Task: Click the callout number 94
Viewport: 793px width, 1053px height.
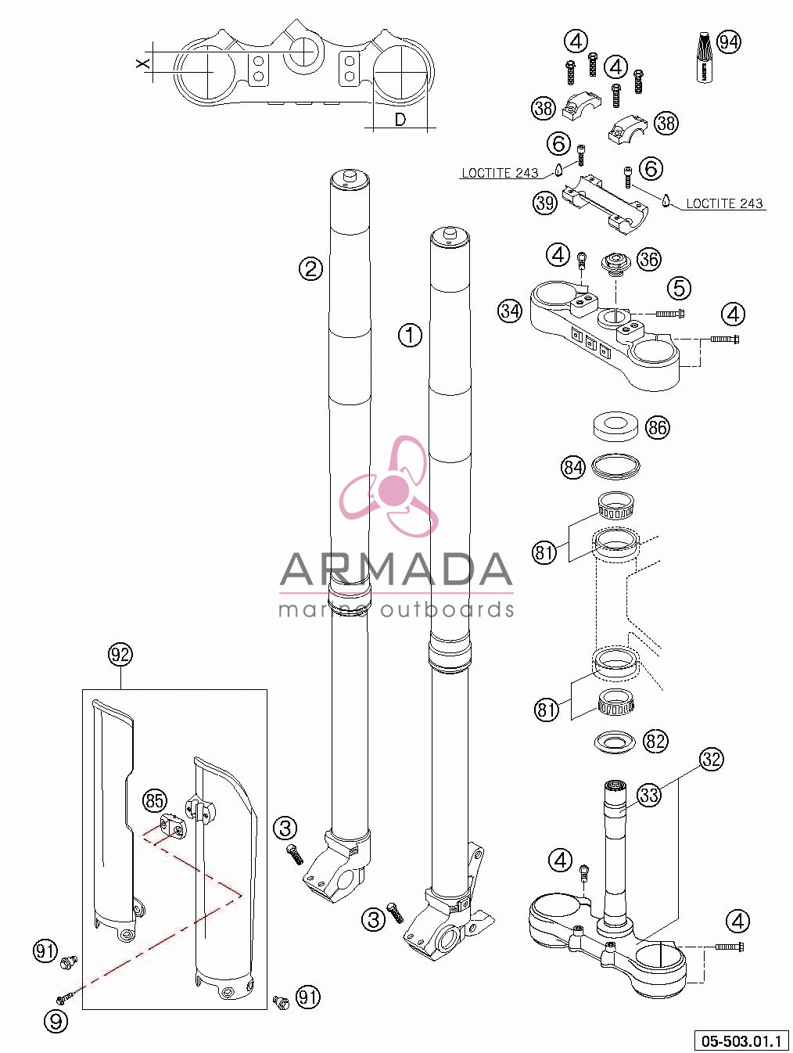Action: pyautogui.click(x=729, y=42)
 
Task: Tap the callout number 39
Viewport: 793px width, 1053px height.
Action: pyautogui.click(x=545, y=203)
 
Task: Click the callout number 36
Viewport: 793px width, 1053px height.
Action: pyautogui.click(x=649, y=259)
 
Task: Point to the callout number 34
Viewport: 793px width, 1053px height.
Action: pyautogui.click(x=510, y=311)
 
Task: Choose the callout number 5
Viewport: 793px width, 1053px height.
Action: pyautogui.click(x=680, y=288)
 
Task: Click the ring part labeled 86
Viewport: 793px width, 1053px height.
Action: pyautogui.click(x=615, y=426)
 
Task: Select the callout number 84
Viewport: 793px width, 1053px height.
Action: pyautogui.click(x=573, y=467)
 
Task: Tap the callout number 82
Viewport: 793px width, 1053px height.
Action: pyautogui.click(x=655, y=741)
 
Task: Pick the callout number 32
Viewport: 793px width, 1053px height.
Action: pyautogui.click(x=712, y=759)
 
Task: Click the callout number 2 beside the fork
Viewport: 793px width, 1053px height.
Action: pyautogui.click(x=310, y=268)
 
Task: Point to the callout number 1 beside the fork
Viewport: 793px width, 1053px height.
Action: pyautogui.click(x=411, y=335)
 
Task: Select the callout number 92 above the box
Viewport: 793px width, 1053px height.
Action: pyautogui.click(x=120, y=654)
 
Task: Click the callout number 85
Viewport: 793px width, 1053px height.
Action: pyautogui.click(x=154, y=800)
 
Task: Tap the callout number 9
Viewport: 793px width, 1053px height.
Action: pyautogui.click(x=56, y=1022)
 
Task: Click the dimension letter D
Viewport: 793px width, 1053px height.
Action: pyautogui.click(x=400, y=120)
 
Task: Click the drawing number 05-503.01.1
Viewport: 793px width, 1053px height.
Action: pyautogui.click(x=741, y=1040)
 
